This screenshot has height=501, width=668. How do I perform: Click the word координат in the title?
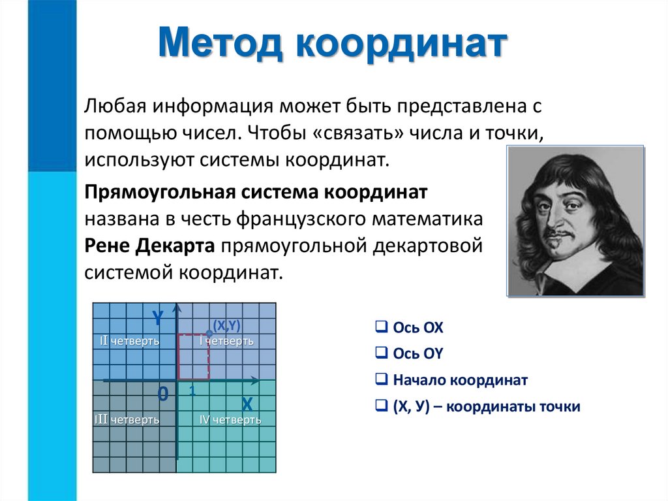point(401,44)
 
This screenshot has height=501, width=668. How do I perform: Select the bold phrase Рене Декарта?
point(150,246)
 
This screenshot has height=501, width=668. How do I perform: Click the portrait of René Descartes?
point(575,220)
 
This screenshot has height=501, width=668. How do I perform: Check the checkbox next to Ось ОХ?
point(380,327)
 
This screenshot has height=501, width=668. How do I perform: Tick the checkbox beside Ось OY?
point(380,353)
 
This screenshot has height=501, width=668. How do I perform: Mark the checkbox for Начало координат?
point(380,380)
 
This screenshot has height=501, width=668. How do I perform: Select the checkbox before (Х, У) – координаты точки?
point(380,406)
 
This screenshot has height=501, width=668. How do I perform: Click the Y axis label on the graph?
point(157,318)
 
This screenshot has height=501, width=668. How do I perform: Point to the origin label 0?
point(163,394)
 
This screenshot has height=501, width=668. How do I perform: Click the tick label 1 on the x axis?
point(192,391)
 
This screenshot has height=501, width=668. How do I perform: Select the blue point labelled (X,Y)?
point(209,333)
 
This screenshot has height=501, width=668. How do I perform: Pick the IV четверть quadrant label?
point(230,419)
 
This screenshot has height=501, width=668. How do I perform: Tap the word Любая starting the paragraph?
point(109,105)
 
